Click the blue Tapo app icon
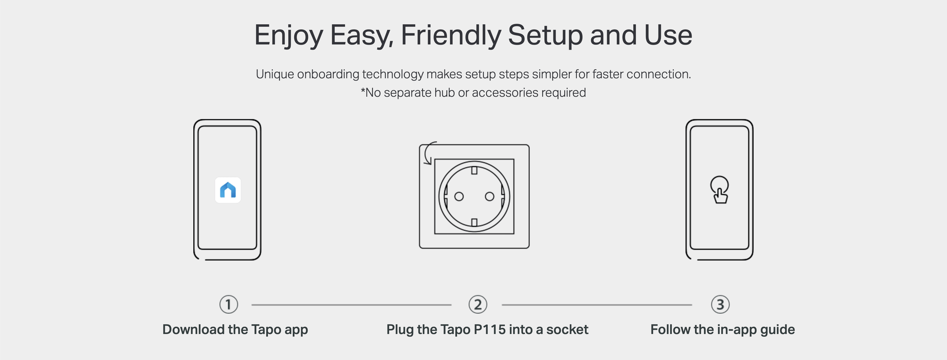pos(228,190)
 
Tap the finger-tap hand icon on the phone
pos(720,190)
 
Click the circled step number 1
pos(229,305)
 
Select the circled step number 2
pos(478,305)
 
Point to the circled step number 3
pos(720,305)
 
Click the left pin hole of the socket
pos(459,196)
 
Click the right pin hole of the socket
pos(490,196)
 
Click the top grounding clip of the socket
pos(474,170)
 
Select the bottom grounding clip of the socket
pos(474,222)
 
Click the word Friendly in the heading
pos(450,36)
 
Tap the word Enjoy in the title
pos(288,36)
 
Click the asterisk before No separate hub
pos(363,90)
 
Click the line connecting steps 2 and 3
pos(597,305)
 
